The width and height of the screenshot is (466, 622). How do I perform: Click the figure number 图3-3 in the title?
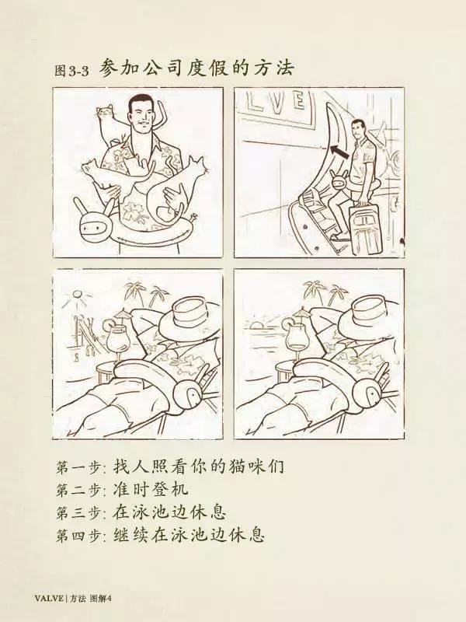point(71,71)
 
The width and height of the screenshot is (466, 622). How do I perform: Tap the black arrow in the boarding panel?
point(340,152)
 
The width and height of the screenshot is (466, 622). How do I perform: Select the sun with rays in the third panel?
point(75,296)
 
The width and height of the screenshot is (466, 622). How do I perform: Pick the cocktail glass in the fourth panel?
point(294,336)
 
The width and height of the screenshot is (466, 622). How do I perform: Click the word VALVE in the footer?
point(49,599)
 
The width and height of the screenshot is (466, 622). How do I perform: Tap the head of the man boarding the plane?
point(360,129)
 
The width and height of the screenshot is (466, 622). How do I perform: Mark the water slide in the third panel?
point(88,334)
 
